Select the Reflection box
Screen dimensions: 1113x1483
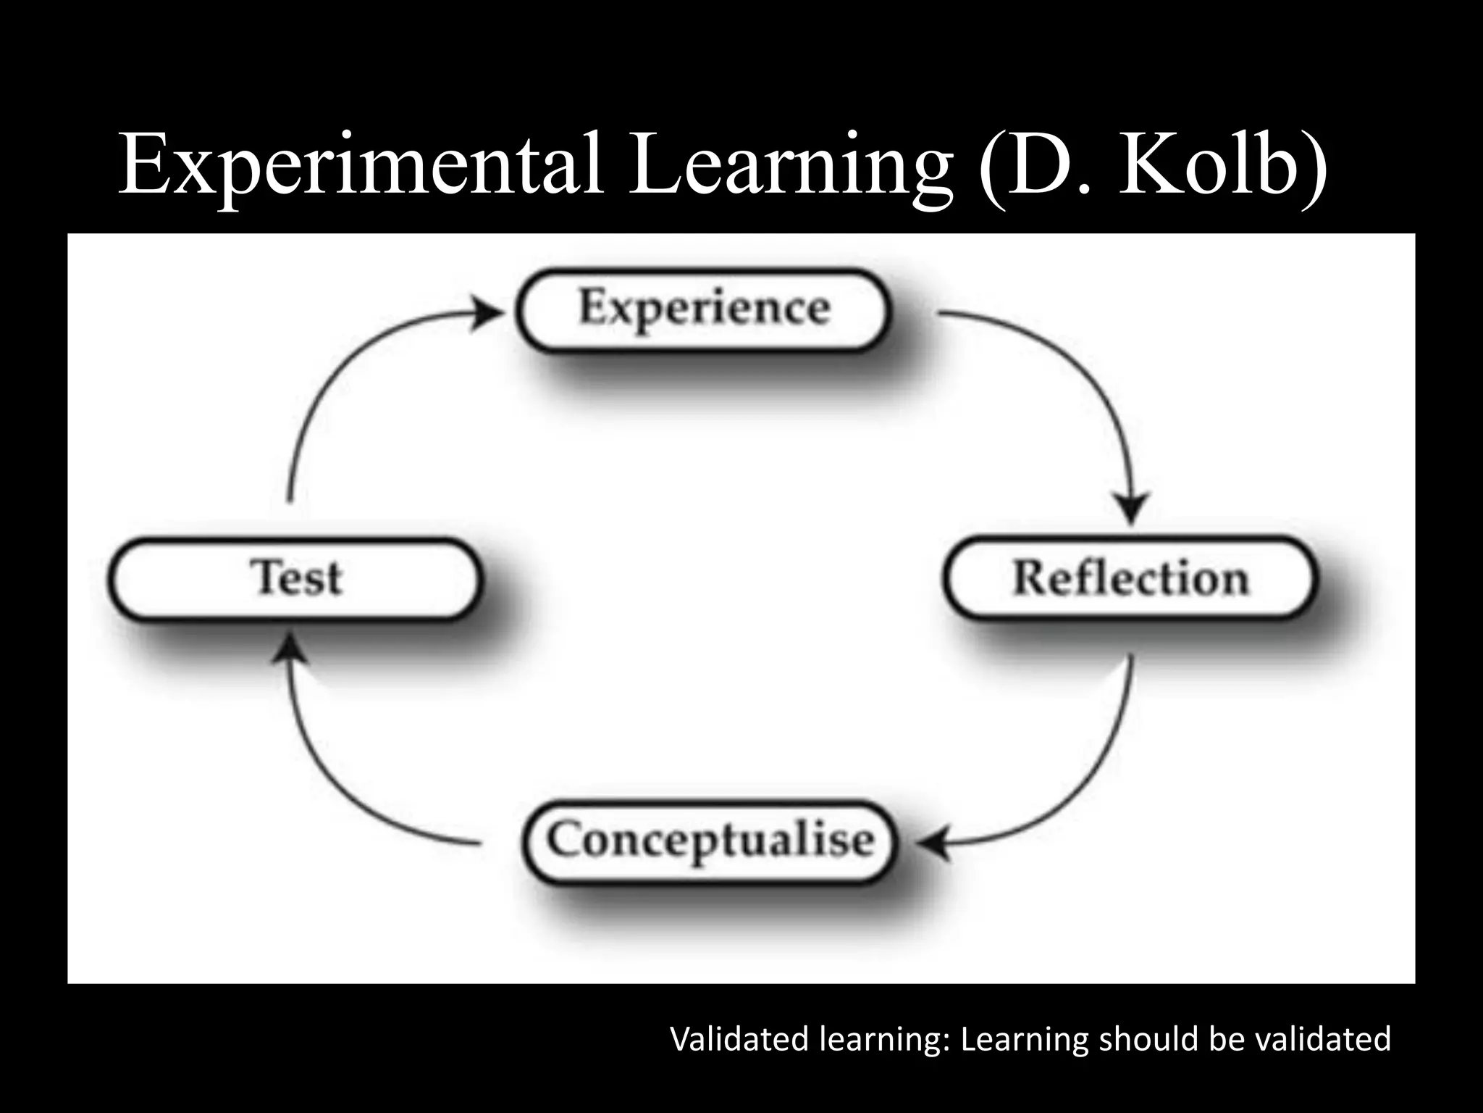(1130, 578)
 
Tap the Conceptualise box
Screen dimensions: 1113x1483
(710, 841)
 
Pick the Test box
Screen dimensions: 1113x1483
(295, 578)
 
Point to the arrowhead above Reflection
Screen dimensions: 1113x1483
(1130, 507)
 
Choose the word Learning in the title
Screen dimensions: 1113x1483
(789, 165)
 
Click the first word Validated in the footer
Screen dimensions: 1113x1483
(740, 1039)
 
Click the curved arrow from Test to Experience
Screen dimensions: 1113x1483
(340, 377)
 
